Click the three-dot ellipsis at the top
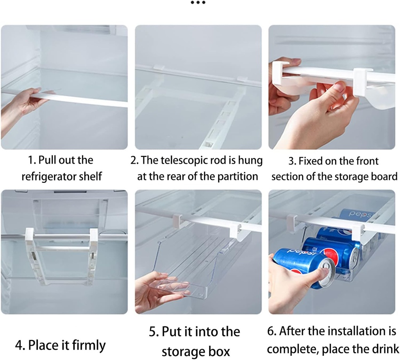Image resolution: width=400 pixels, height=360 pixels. pos(198,3)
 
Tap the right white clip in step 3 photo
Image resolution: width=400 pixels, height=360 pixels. pos(362,80)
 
